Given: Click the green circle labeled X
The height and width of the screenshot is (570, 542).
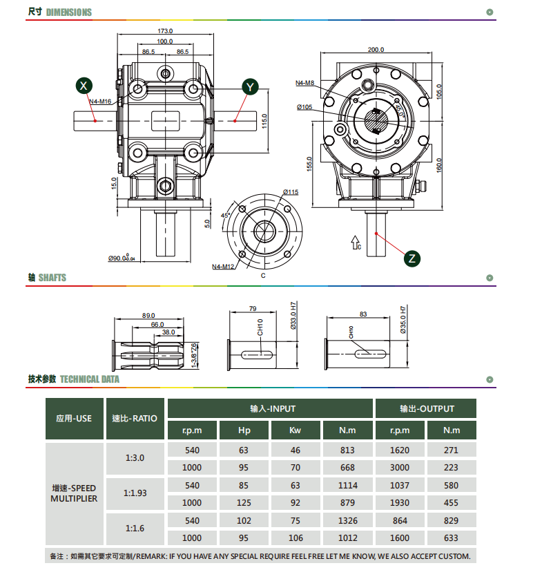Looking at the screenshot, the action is coord(84,86).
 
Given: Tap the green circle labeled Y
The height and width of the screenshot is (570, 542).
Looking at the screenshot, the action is coord(250,87).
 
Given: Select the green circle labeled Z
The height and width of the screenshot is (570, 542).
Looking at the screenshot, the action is coord(412,258).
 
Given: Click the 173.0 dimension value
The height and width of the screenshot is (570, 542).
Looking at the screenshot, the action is coord(165,31).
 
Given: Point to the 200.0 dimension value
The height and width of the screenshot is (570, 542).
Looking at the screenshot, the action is coord(376,50).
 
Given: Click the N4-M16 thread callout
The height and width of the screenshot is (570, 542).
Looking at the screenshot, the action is coord(100,102).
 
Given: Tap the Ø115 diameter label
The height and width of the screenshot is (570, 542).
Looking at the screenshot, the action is coord(291,192).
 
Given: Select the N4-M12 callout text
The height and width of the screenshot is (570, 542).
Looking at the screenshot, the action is coord(223,267).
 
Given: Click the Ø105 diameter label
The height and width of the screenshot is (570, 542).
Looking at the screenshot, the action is coord(304,107).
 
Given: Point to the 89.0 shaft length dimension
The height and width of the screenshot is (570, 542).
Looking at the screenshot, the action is coord(148,315).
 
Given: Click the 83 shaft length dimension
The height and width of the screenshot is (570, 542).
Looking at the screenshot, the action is coord(363,314).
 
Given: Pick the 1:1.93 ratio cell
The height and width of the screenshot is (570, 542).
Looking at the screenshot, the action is coord(135,493).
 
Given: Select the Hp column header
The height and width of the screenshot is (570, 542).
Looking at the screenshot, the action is coord(244,430).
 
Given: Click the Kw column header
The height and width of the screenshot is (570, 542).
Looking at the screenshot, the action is coord(296,430).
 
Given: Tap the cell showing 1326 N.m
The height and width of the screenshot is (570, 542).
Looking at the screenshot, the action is coord(348,520).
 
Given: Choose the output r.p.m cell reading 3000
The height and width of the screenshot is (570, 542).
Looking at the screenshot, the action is coord(400,467).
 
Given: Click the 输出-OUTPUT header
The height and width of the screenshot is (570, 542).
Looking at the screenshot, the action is coord(427,408).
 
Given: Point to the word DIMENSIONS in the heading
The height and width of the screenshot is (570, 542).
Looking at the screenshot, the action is coord(69,12).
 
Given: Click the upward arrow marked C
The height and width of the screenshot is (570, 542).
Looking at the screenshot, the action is coord(355,243).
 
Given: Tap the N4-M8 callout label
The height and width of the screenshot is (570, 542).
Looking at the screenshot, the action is coord(304,83).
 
